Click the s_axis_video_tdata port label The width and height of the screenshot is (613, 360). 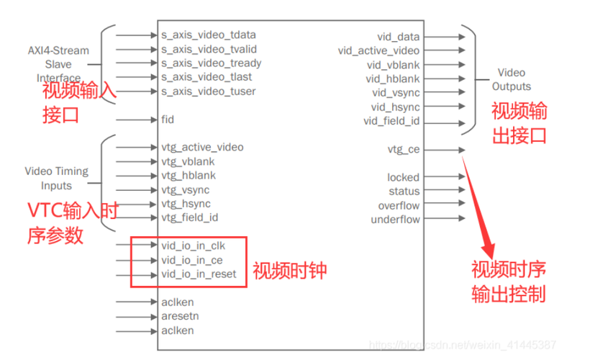(209, 35)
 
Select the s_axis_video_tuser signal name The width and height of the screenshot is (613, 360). (209, 91)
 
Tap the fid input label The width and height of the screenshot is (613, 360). (168, 120)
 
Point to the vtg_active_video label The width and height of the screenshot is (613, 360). (202, 148)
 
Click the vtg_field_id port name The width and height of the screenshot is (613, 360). (190, 217)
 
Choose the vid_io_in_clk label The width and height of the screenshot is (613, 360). (194, 246)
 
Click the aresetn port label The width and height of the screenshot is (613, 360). (180, 317)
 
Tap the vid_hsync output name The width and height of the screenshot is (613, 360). (396, 107)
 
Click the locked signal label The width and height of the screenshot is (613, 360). (403, 177)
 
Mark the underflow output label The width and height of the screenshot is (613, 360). (395, 220)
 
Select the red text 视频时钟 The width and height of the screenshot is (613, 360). (290, 271)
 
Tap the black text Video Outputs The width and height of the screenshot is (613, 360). (512, 79)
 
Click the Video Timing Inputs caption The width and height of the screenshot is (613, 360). (57, 178)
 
